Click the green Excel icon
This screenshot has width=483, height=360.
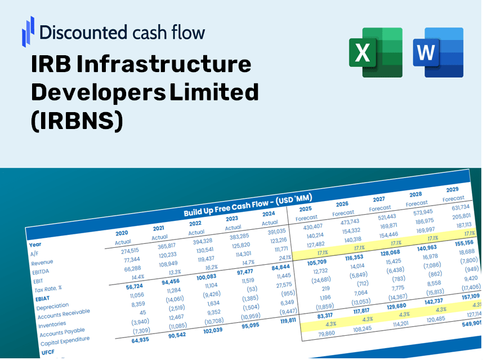click(x=375, y=52)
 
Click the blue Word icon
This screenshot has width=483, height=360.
click(x=437, y=52)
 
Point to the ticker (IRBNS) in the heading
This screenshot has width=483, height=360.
click(x=77, y=120)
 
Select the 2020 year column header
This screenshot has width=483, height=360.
click(x=122, y=233)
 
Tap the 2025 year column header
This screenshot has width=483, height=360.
click(x=305, y=208)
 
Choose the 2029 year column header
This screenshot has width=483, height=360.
click(x=452, y=189)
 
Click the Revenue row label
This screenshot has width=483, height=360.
click(x=42, y=263)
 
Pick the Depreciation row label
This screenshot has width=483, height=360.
click(x=52, y=306)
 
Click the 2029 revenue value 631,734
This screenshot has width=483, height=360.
click(x=457, y=207)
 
